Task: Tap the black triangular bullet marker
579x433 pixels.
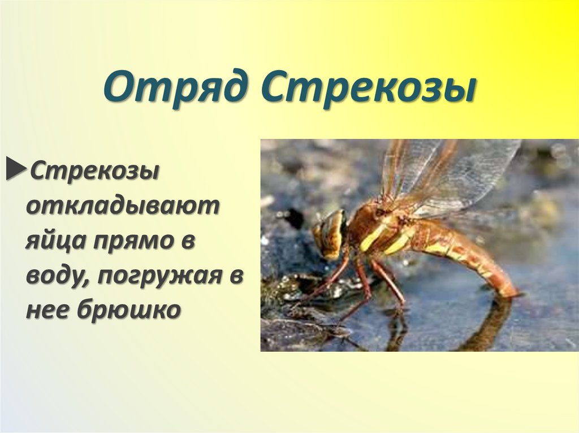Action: [x=16, y=170]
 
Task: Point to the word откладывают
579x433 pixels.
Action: [x=122, y=206]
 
